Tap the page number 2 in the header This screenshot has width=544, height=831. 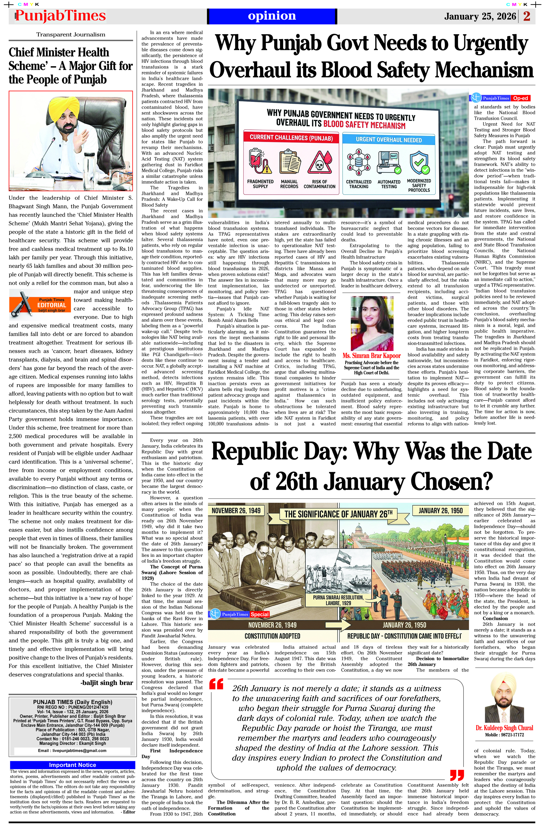[x=527, y=16]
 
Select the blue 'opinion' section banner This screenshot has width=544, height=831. [x=272, y=16]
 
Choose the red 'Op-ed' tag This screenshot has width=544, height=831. [x=520, y=98]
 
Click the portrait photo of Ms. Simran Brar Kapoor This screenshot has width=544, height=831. [x=372, y=323]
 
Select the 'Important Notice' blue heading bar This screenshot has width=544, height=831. [x=72, y=765]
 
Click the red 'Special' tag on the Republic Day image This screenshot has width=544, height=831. [x=259, y=614]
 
